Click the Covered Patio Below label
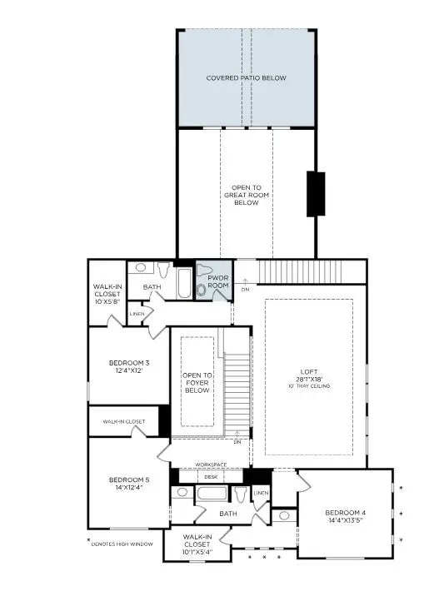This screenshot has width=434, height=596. click(x=246, y=78)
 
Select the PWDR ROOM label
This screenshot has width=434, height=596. click(x=218, y=281)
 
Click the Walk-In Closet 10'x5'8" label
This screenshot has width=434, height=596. click(x=107, y=292)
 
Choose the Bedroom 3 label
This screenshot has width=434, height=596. click(x=129, y=363)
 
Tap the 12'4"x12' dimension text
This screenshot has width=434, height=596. click(x=129, y=371)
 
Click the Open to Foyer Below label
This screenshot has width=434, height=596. click(x=197, y=383)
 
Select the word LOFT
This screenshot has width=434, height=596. click(x=309, y=372)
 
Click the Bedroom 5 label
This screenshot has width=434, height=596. click(x=129, y=479)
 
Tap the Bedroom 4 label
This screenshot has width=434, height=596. click(x=344, y=512)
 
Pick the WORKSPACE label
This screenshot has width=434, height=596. click(x=211, y=464)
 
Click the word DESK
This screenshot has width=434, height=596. click(x=211, y=477)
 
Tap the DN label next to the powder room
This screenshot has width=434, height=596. click(x=245, y=289)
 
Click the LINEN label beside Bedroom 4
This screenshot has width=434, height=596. click(x=261, y=494)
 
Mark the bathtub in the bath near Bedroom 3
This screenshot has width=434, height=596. click(x=183, y=282)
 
